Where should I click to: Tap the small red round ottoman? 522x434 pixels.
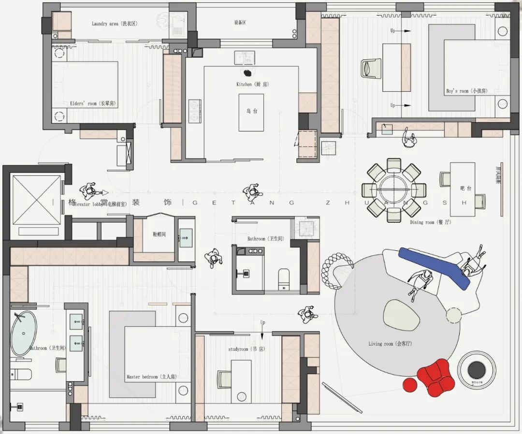click(x=410, y=385)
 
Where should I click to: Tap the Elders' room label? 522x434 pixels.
click(x=93, y=103)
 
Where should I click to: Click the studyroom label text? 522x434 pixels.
click(x=246, y=349)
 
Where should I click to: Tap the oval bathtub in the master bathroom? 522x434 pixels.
click(x=23, y=333)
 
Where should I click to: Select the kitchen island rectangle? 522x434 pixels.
click(x=251, y=112)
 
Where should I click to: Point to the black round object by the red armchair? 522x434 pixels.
click(x=477, y=370)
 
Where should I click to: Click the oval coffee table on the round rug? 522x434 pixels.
click(x=401, y=315)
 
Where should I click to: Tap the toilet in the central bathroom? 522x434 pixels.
click(x=284, y=278)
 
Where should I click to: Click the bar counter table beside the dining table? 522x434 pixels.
click(x=463, y=189)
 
